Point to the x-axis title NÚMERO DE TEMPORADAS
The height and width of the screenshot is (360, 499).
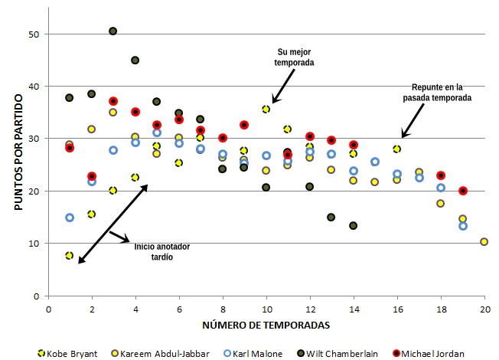pos(266,325)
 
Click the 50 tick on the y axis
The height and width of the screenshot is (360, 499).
pos(32,34)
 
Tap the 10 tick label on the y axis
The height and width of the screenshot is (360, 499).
pos(32,244)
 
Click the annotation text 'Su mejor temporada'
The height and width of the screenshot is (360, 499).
pos(294,57)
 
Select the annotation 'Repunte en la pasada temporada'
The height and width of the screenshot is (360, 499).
pos(436,93)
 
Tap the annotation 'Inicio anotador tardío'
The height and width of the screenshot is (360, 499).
pos(162,252)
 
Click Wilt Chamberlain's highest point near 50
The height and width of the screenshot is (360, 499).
pos(113,31)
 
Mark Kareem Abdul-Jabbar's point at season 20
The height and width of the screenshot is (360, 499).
pos(484,242)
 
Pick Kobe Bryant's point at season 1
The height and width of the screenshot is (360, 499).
pos(70,255)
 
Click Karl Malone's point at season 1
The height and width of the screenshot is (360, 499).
pos(70,218)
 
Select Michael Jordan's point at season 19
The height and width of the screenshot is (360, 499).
pos(462,191)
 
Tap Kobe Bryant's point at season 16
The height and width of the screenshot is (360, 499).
pos(396,149)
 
